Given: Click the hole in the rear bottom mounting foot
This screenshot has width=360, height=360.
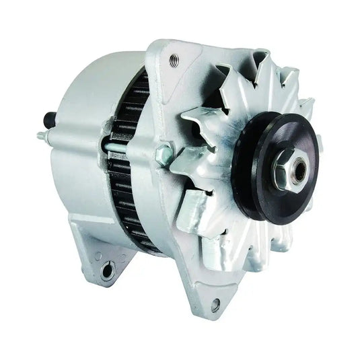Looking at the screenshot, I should (106, 270).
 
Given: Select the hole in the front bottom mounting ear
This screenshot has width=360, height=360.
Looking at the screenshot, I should (215, 305).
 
